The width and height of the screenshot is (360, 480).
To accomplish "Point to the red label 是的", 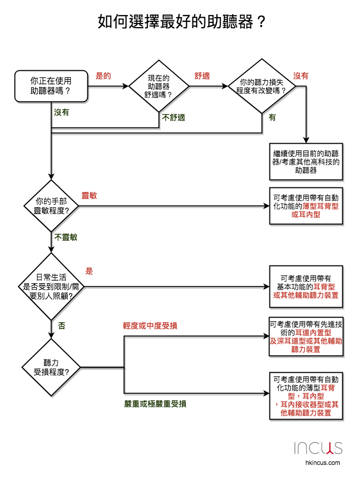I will pyautogui.click(x=103, y=76).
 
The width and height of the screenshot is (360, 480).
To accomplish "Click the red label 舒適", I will pyautogui.click(x=202, y=76).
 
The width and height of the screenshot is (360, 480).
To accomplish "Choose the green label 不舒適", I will pyautogui.click(x=174, y=118).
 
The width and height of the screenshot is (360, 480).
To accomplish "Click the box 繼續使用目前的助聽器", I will pyautogui.click(x=306, y=162).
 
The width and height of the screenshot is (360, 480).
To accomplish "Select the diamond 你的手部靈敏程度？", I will pyautogui.click(x=51, y=206).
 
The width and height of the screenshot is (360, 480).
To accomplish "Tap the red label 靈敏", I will pyautogui.click(x=89, y=196).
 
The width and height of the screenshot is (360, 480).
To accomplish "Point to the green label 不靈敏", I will pyautogui.click(x=66, y=237).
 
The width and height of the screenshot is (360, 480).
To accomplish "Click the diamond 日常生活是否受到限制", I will pyautogui.click(x=51, y=286).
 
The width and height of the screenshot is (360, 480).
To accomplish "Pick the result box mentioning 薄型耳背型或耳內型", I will pyautogui.click(x=306, y=206).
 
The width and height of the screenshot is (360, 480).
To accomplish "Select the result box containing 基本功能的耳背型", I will pyautogui.click(x=306, y=286).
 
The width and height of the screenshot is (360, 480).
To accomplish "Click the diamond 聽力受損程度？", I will pyautogui.click(x=51, y=368).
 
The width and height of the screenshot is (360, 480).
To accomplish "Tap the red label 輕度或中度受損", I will pyautogui.click(x=150, y=326).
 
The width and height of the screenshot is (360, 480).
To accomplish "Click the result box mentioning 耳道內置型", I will pyautogui.click(x=306, y=337).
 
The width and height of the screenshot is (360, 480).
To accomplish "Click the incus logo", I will pyautogui.click(x=318, y=448).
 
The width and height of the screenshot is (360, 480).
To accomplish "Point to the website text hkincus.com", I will pyautogui.click(x=323, y=463).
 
